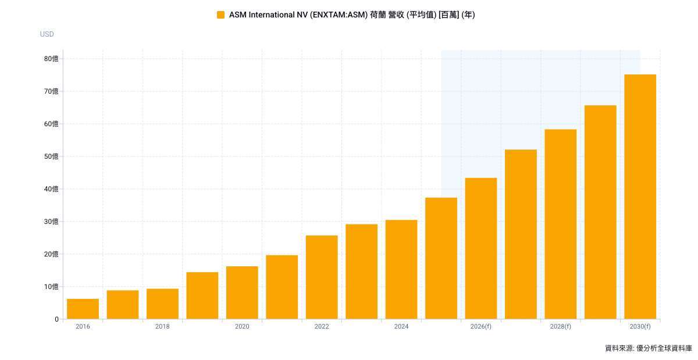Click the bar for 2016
coord(83,309)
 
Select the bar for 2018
coord(162,304)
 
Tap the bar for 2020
coord(242,293)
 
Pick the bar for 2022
coord(322,277)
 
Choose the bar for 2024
coord(401,269)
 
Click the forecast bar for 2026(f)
coord(481,248)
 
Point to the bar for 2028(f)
coord(561,224)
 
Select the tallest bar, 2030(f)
coord(640,197)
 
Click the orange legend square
coord(220,15)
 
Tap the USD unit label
coord(47,34)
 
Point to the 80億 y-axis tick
coord(51,59)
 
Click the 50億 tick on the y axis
coord(51,156)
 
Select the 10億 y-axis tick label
coord(51,287)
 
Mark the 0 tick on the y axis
coord(56,319)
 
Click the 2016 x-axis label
coord(83,327)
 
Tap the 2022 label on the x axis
coord(322,327)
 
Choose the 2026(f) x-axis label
coord(481,327)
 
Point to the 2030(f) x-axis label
coord(640,327)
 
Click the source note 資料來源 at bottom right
coord(648,348)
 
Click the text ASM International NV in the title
coord(266,15)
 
